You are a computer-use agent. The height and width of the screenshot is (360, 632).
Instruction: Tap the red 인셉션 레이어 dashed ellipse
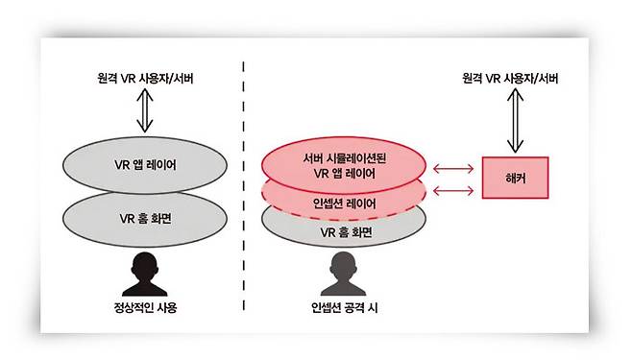345,203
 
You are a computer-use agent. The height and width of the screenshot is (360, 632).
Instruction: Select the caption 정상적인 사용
146,309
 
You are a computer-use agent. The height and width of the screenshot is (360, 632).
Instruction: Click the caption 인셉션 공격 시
345,309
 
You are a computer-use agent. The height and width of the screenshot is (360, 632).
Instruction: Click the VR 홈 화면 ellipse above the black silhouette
144,216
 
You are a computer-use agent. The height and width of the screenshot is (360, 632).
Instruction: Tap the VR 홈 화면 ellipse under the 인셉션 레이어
345,231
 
